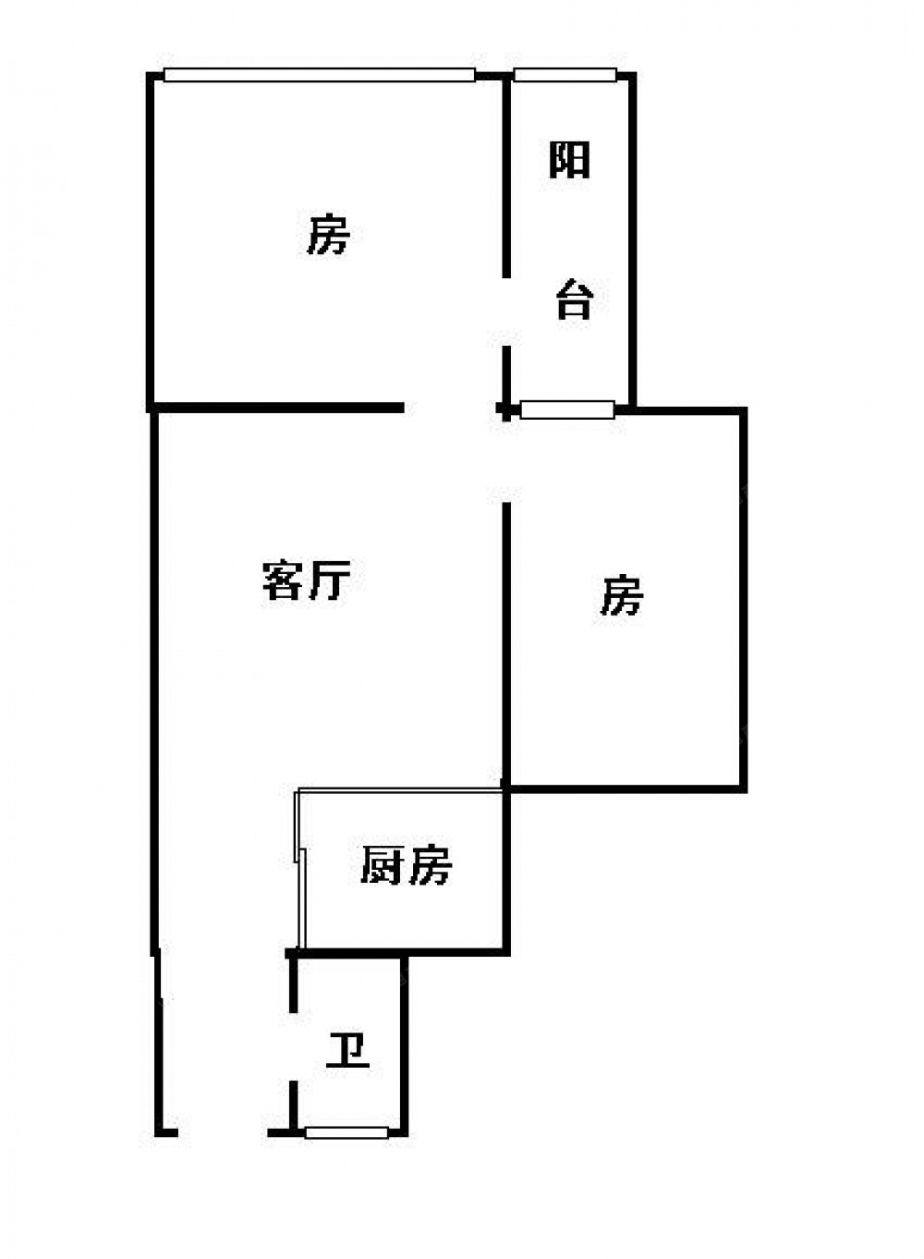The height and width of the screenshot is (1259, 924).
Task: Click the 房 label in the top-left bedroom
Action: tap(328, 235)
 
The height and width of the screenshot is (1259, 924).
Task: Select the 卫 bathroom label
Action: tap(347, 1052)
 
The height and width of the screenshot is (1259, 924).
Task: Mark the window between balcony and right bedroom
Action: tap(566, 409)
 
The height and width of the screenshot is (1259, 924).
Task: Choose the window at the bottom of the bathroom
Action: tap(346, 1132)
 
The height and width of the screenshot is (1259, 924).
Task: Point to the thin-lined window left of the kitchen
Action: tap(298, 869)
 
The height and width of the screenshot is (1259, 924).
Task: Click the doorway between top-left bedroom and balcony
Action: tap(506, 312)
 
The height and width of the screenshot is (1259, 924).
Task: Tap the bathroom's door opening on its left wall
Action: tap(293, 1046)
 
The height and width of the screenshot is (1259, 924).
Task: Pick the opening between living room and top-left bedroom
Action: tap(451, 408)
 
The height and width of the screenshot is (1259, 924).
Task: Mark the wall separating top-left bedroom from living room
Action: tap(277, 407)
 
